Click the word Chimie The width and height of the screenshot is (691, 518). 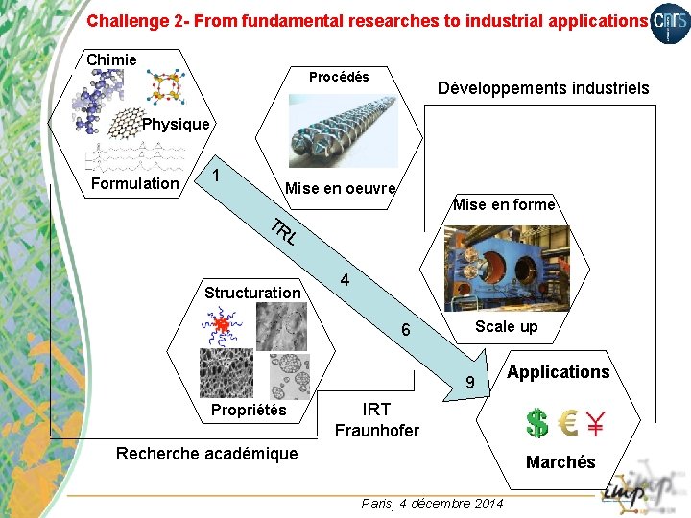[111, 59]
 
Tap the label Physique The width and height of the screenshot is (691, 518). [176, 124]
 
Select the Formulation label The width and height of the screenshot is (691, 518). [134, 183]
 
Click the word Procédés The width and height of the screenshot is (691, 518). [339, 77]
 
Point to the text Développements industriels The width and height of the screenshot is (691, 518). [543, 88]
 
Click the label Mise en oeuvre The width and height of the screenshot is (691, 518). [341, 188]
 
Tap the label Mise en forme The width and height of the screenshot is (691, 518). [504, 204]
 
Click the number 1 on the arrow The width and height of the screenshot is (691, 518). [218, 176]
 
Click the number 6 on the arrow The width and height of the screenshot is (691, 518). [406, 330]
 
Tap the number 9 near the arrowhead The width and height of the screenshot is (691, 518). [470, 384]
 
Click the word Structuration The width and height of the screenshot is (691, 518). [252, 293]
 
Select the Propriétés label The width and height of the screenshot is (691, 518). [249, 410]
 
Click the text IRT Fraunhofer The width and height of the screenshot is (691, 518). [376, 420]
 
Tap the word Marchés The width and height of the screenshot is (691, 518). [560, 462]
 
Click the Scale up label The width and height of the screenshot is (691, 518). [507, 326]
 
